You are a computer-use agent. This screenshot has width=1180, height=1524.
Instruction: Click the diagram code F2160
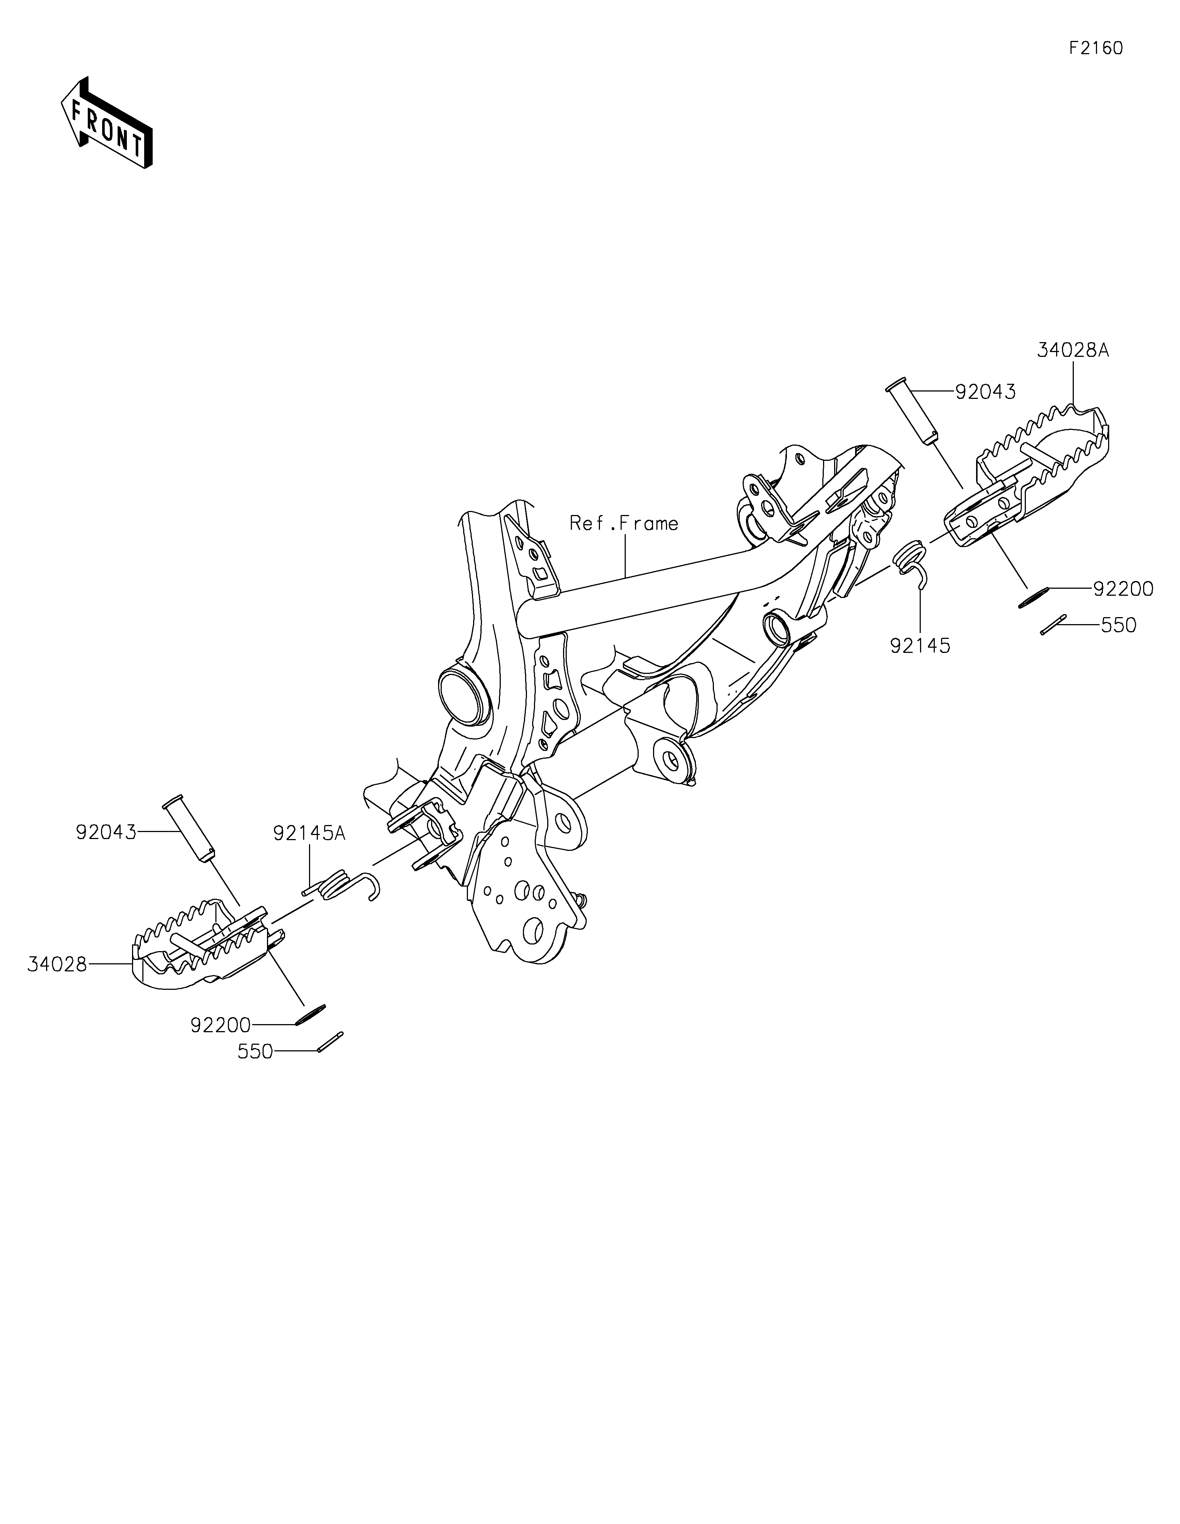coord(1096,48)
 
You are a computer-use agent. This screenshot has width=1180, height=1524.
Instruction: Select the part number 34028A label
coord(1073,350)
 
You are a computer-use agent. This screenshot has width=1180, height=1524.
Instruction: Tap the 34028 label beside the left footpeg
coord(57,964)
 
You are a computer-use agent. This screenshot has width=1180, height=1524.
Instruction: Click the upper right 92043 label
coord(985,392)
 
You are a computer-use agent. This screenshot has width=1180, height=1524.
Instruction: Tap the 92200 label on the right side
coord(1123,589)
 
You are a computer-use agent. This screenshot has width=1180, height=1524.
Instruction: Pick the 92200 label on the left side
coord(221,1025)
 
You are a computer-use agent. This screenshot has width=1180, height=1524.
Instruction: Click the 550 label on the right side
coord(1118,625)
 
